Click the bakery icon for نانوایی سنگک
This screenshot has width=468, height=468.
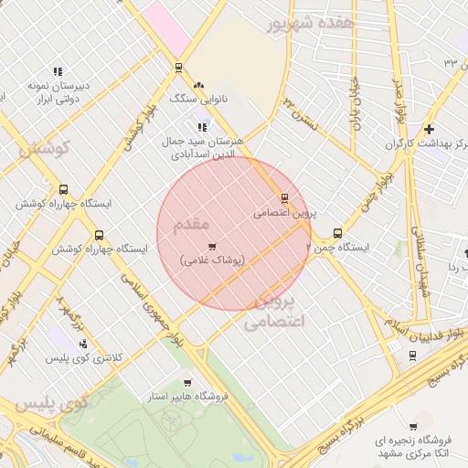[198, 85]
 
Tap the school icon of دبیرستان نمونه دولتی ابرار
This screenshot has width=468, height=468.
[58, 71]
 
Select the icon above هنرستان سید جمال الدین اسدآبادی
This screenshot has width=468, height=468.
[201, 127]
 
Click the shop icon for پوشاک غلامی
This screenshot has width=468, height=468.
[212, 246]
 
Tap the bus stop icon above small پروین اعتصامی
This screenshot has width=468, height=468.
[284, 197]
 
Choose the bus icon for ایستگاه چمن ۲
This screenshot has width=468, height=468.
[338, 233]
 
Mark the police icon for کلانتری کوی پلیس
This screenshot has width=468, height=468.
[83, 344]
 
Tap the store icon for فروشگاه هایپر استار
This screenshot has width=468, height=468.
[187, 383]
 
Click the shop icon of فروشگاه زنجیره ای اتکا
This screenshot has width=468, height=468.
[413, 426]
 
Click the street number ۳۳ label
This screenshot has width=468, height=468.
[450, 62]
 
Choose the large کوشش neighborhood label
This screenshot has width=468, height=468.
[43, 149]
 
